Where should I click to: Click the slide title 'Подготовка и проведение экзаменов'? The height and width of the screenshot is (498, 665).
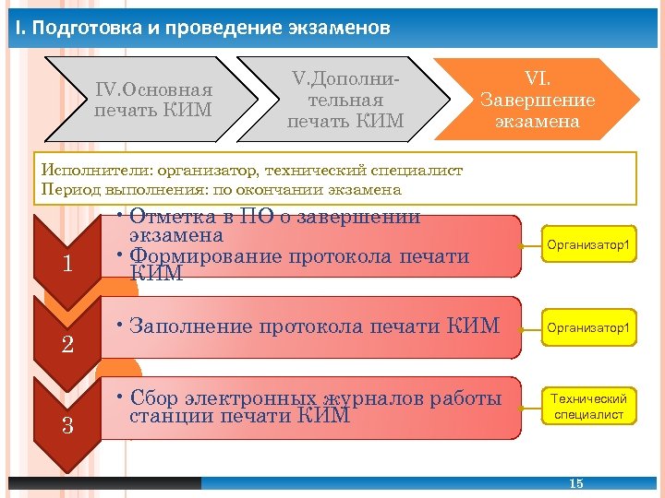[212, 28]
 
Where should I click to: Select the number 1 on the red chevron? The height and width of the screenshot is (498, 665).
[67, 265]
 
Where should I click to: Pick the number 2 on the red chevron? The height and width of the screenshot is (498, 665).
[67, 345]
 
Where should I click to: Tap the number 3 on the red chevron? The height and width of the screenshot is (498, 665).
[67, 425]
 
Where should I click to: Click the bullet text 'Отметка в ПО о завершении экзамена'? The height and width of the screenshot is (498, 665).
[274, 226]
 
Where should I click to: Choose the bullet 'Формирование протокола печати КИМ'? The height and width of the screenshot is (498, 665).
[299, 264]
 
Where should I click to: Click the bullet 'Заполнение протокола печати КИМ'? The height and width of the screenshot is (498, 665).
[315, 326]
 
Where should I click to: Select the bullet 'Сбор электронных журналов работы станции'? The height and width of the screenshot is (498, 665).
[315, 407]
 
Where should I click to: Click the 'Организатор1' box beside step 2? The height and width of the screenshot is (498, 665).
[588, 327]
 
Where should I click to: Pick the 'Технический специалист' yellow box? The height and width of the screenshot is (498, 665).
[588, 407]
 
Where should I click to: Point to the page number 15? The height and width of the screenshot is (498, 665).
[576, 483]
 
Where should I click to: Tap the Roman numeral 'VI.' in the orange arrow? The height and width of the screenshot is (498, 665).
[538, 80]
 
